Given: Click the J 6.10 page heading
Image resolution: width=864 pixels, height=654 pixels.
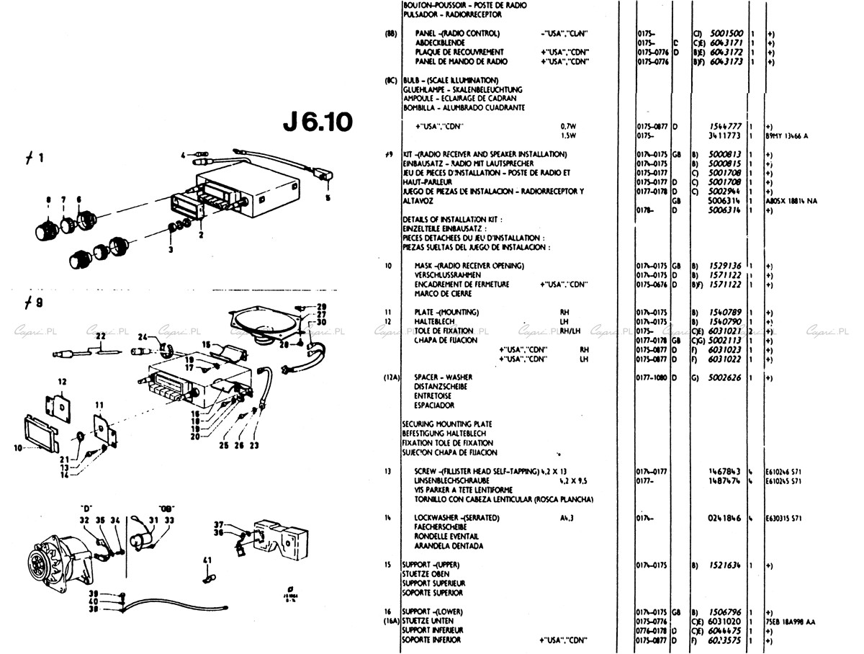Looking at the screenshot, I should pos(317,122).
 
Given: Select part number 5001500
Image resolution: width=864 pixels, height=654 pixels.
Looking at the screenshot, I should pos(726,33).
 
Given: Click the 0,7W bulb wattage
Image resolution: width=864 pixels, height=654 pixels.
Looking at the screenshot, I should pos(570,126).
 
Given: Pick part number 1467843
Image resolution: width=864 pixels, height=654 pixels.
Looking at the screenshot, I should pos(726,471).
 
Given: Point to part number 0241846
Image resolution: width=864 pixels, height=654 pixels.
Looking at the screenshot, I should pos(726,518).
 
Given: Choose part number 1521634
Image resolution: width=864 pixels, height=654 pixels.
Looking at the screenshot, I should pos(726,565).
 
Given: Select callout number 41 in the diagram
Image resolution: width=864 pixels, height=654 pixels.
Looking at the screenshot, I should pos(207,560).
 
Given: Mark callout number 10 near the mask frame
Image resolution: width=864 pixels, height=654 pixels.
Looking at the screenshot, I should pos(17,447).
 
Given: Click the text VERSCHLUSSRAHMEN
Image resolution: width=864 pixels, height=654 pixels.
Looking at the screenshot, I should pos(448,275).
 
